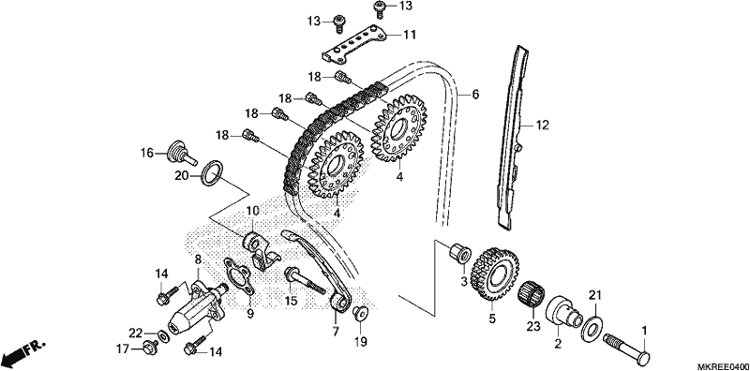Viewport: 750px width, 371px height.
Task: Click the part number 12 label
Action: (541, 126)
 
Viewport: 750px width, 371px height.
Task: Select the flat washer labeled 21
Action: (592, 329)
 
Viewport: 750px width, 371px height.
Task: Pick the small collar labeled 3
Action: (459, 251)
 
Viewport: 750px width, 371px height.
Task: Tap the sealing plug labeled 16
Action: (181, 152)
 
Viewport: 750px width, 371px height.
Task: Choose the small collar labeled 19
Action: (359, 313)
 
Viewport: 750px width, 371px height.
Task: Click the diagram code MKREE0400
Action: (723, 366)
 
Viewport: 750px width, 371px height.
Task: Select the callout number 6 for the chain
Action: (475, 95)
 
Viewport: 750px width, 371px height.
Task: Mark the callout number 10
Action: (252, 211)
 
